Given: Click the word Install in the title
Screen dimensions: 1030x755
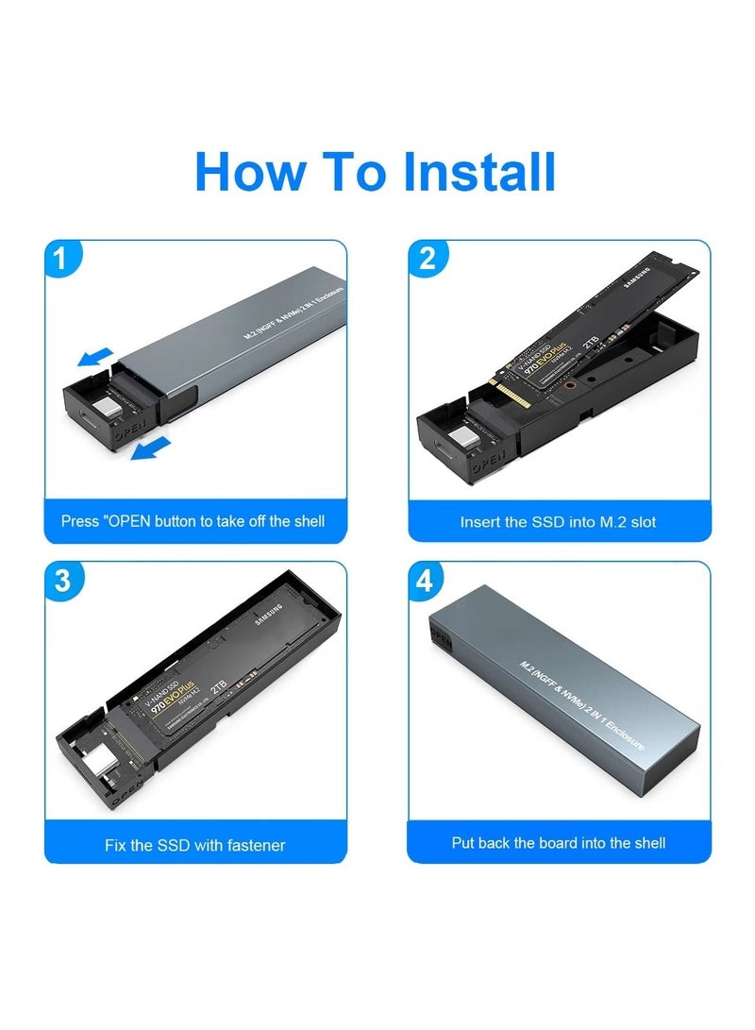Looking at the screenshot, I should (479, 172).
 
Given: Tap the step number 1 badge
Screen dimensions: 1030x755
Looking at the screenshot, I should (62, 258).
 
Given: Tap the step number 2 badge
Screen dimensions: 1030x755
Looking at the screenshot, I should (427, 258).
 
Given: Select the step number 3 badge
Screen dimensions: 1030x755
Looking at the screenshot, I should (62, 581).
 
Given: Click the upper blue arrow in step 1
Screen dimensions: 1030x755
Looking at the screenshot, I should (96, 358).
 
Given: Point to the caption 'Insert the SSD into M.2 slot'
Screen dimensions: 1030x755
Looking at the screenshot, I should (558, 521).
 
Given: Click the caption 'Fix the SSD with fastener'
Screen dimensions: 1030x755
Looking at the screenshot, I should (194, 845).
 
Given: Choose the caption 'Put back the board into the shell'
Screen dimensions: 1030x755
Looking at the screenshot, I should (558, 843).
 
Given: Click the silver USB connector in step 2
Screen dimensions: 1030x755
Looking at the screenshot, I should (464, 436).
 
